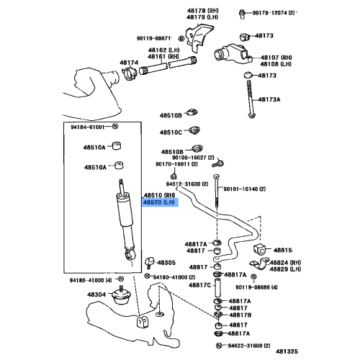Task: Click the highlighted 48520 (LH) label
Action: point(159,203)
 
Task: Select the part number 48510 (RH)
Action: point(159,195)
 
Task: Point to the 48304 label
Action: point(98,294)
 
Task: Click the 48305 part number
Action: point(166,263)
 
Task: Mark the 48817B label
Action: point(240,315)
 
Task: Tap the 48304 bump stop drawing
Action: point(122,297)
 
